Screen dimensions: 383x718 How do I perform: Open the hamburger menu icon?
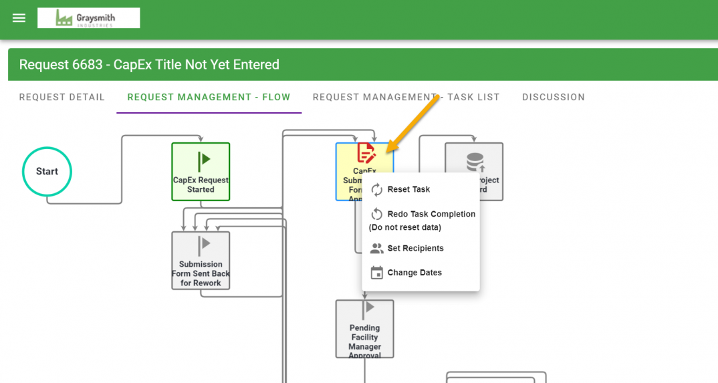[x=19, y=18]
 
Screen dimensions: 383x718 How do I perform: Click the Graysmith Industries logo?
[x=89, y=18]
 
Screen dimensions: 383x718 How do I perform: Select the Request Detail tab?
[x=62, y=97]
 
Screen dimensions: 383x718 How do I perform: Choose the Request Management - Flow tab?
[x=209, y=97]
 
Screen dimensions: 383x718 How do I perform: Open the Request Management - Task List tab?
[x=406, y=97]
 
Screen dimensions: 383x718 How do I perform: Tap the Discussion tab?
[x=553, y=97]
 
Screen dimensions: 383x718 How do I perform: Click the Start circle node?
[x=47, y=172]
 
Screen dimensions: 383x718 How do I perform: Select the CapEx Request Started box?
[x=201, y=172]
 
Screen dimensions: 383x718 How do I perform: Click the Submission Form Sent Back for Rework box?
[x=201, y=261]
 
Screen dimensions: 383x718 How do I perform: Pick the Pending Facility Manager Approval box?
[x=364, y=329]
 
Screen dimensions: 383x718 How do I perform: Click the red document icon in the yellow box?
[x=366, y=153]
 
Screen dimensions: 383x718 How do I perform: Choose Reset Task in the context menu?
[x=408, y=190]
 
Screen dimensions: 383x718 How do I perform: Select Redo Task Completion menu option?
[x=431, y=215]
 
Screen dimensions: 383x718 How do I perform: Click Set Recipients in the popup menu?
[x=415, y=249]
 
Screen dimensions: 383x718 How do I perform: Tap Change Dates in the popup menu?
[x=414, y=273]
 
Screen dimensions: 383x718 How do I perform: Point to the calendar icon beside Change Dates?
[x=377, y=273]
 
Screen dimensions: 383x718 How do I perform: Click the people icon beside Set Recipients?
[x=377, y=249]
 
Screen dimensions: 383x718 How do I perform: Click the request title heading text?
[x=149, y=65]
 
